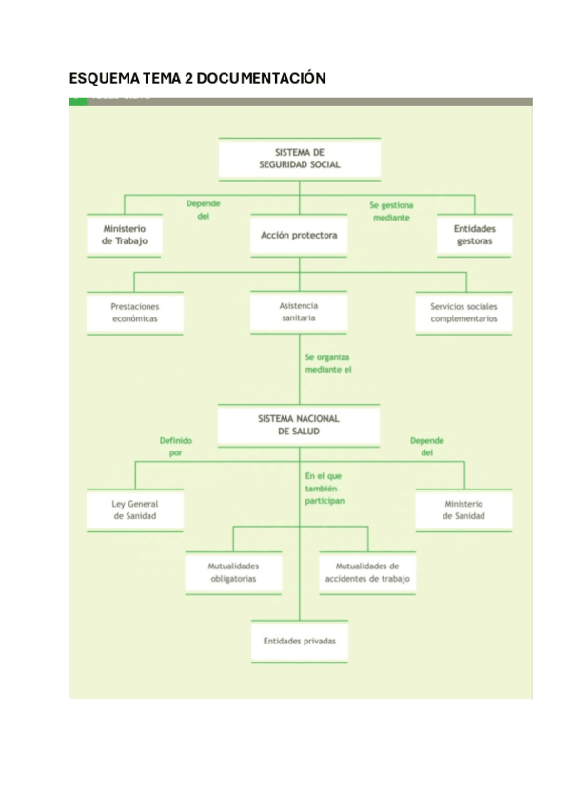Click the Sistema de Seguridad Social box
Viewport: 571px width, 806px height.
coord(299,159)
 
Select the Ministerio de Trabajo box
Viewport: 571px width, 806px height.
coord(124,235)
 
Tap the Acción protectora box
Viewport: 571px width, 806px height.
coord(299,235)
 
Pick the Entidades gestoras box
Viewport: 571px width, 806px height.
coord(474,235)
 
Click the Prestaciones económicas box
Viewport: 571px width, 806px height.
coord(134,313)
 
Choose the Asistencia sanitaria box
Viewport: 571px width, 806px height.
coord(299,312)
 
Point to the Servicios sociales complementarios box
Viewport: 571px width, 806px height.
coord(463,313)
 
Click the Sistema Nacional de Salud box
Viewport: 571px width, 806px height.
coord(299,425)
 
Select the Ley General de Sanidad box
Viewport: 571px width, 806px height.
coord(134,509)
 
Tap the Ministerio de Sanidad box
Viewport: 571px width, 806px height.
coord(463,509)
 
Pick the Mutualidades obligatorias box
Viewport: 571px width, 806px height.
coord(233,571)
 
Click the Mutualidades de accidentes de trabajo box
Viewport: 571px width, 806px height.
coord(367,571)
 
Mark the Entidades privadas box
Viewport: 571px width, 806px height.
coord(299,641)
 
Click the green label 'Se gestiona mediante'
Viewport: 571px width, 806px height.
coord(391,211)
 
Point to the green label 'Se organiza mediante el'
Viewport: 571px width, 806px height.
coord(328,363)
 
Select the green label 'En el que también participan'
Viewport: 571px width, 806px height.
coord(325,487)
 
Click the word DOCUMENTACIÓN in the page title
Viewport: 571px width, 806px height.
coord(261,78)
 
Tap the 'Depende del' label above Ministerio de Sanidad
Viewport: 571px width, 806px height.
coord(426,447)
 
